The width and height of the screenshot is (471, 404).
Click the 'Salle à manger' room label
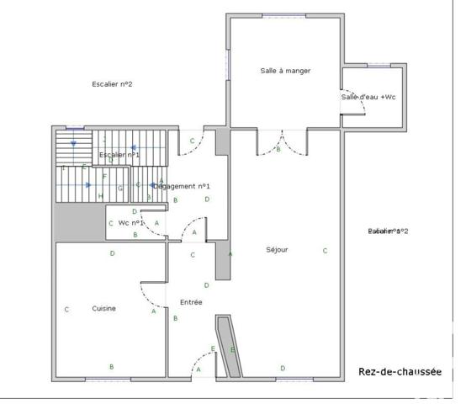(285, 71)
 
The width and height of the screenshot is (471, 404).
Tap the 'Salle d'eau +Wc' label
(368, 98)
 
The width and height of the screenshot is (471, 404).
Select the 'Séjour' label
(277, 250)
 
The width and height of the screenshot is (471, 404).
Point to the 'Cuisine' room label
(103, 309)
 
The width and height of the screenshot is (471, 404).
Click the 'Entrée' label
(192, 302)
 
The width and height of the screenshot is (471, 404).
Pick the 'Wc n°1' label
(131, 223)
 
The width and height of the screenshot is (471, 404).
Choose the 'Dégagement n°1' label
(187, 186)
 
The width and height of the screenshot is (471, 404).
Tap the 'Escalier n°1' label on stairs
(119, 155)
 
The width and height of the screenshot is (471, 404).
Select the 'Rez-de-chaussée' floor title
(400, 372)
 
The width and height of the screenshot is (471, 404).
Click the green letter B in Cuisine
(111, 366)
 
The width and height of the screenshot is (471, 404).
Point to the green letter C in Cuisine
(66, 310)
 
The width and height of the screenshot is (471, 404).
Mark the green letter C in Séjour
(325, 251)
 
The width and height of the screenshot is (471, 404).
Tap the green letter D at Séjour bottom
(283, 368)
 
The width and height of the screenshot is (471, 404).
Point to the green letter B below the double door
(278, 150)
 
